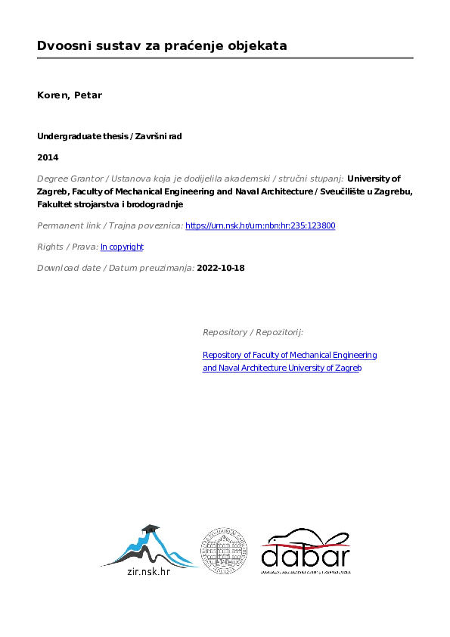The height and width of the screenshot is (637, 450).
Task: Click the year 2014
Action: pyautogui.click(x=48, y=157)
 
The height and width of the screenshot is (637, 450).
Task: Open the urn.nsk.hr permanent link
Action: pyautogui.click(x=260, y=225)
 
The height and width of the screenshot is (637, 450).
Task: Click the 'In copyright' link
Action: pyautogui.click(x=122, y=247)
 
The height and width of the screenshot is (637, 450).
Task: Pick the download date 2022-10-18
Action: pyautogui.click(x=221, y=268)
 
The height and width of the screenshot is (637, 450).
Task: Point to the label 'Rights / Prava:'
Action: pyautogui.click(x=67, y=247)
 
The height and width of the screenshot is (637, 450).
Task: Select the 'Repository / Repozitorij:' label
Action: pyautogui.click(x=253, y=332)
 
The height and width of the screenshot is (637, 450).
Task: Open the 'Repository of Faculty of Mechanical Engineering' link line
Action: pyautogui.click(x=290, y=355)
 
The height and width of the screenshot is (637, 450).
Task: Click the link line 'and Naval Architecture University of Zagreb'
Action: pyautogui.click(x=282, y=368)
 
